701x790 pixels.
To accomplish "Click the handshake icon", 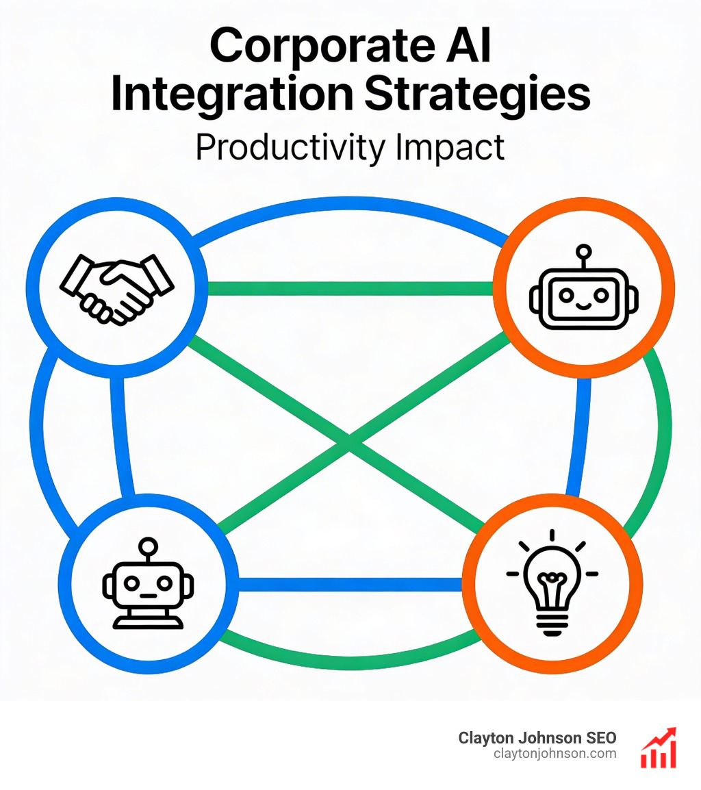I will pyautogui.click(x=116, y=287).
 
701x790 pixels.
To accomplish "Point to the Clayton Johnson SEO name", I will pyautogui.click(x=537, y=738).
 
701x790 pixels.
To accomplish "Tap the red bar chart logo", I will pyautogui.click(x=658, y=748).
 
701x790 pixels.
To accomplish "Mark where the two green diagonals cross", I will pyautogui.click(x=350, y=442).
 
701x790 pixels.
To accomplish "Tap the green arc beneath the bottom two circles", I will pyautogui.click(x=349, y=661).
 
